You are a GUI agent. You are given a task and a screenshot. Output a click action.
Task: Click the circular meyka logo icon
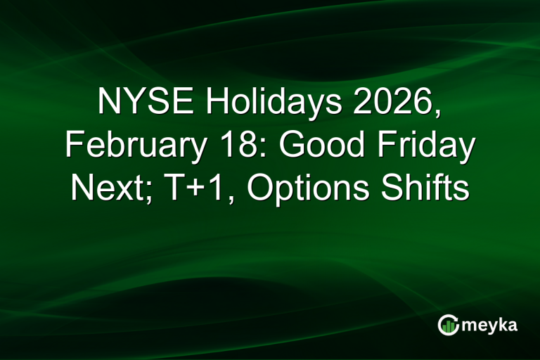pyautogui.click(x=448, y=324)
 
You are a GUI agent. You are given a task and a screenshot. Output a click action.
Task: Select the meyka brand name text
pyautogui.click(x=490, y=325)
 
